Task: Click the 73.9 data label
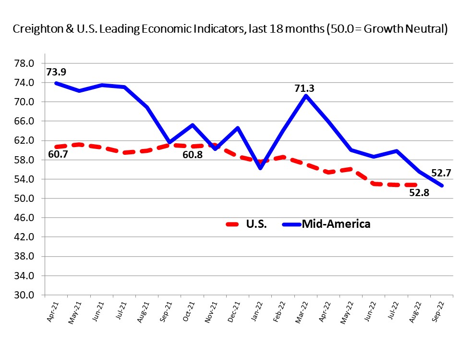pos(56,72)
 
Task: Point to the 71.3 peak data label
pos(305,88)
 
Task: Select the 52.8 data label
pos(419,193)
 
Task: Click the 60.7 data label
pos(58,155)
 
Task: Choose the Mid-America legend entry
pos(336,224)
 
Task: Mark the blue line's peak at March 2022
pos(306,96)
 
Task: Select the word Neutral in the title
pos(423,29)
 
